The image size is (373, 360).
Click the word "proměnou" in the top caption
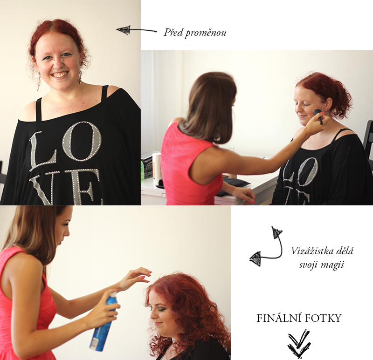tap(206, 33)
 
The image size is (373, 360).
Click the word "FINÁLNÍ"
tap(277, 318)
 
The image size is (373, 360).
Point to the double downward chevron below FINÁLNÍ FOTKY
tap(299, 343)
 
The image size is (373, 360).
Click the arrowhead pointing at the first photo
tap(123, 30)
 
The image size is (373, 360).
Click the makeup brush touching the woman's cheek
tap(318, 116)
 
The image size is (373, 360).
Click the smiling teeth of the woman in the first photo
tap(59, 75)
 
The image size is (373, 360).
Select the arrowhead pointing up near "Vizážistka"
tap(276, 232)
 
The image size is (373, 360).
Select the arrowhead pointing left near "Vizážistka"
tap(256, 259)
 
